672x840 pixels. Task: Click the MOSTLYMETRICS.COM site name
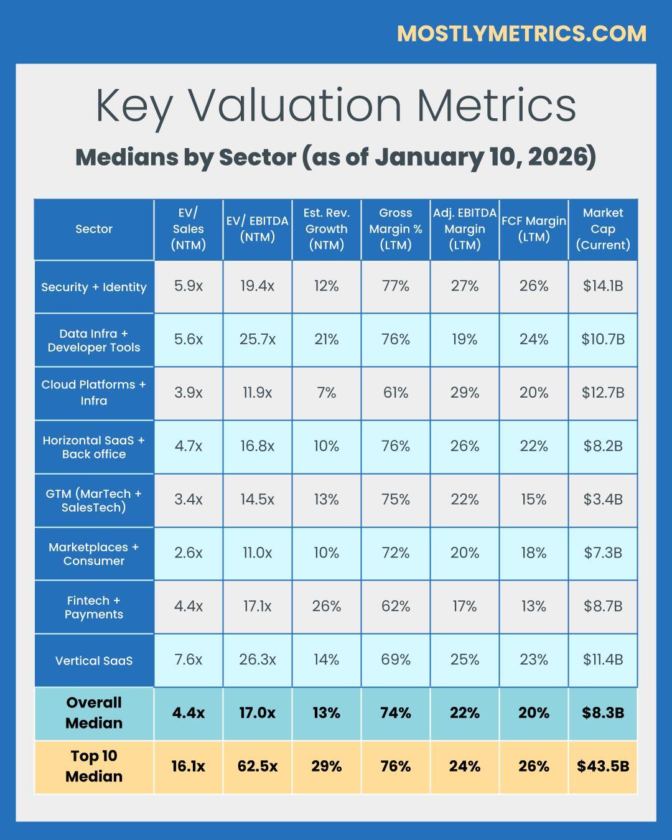point(521,34)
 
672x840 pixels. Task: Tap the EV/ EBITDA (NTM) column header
point(257,229)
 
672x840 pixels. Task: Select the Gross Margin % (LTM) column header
point(396,229)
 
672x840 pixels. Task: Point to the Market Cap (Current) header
point(602,229)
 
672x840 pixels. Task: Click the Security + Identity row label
point(94,287)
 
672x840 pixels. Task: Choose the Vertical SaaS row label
point(94,661)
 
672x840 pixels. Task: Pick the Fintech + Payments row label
point(94,607)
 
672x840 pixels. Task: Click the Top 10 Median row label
point(94,766)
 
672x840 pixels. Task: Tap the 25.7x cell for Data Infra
point(257,339)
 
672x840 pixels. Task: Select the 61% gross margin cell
point(396,393)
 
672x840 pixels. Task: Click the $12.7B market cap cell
point(602,393)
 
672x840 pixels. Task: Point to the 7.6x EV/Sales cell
point(188,660)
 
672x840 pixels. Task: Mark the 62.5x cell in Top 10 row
point(257,766)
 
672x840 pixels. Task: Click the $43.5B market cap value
point(602,766)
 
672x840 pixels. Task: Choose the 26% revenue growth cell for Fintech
point(327,606)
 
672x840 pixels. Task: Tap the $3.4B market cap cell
point(602,499)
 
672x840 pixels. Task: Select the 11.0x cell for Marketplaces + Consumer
point(257,553)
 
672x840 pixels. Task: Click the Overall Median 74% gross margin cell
point(396,712)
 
